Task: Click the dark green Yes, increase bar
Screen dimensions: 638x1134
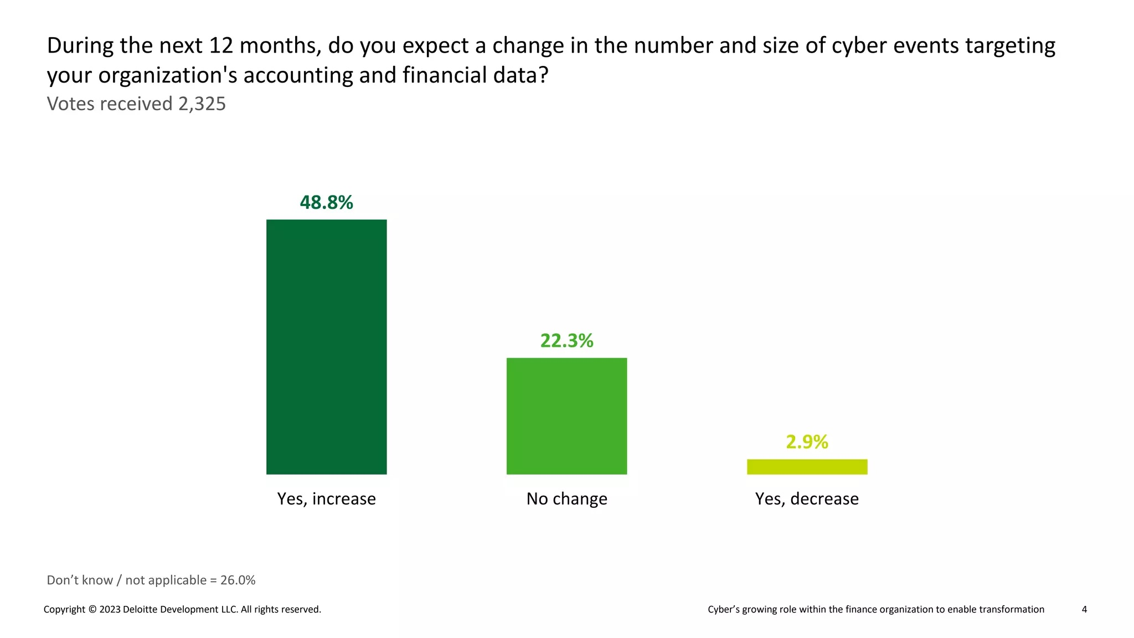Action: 326,347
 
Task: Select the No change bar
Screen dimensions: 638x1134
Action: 566,416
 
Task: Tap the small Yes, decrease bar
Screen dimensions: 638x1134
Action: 807,467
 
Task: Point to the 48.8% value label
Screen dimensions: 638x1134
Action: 326,203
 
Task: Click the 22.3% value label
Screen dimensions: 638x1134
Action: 566,341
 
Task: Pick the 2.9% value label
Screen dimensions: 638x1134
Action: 807,442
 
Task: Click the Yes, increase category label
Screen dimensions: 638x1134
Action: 326,499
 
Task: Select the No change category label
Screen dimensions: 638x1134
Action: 566,499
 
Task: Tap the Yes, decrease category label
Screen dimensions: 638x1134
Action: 807,499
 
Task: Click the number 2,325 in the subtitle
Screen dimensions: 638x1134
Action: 202,104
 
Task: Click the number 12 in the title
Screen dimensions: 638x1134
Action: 221,46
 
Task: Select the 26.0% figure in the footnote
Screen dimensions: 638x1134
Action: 238,580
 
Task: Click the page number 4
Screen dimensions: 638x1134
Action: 1084,610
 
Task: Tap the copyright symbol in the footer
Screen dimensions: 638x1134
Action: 92,610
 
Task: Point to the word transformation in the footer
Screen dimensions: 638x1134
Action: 1011,610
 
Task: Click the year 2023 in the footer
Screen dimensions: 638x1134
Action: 110,610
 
